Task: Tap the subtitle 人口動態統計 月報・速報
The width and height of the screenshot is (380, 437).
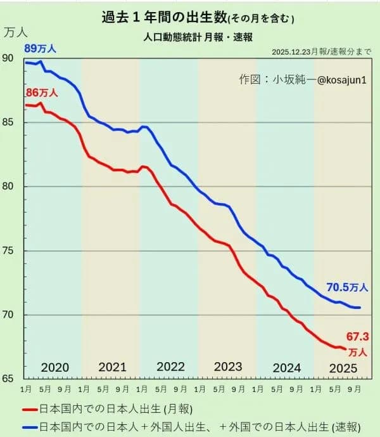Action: [198, 37]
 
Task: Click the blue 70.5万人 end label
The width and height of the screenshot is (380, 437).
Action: [347, 287]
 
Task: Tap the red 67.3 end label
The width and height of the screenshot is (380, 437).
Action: [357, 336]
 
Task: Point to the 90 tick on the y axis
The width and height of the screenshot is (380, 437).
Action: [8, 58]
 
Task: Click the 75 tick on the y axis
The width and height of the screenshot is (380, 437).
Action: [8, 251]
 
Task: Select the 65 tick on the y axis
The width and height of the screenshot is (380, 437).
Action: [8, 379]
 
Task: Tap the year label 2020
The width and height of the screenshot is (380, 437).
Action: [54, 367]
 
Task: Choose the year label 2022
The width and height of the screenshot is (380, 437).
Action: [170, 367]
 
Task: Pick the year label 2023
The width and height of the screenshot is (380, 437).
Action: [228, 367]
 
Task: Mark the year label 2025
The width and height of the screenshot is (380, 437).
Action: [344, 367]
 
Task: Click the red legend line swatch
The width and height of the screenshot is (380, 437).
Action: [30, 408]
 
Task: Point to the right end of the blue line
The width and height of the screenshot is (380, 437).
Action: [360, 308]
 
